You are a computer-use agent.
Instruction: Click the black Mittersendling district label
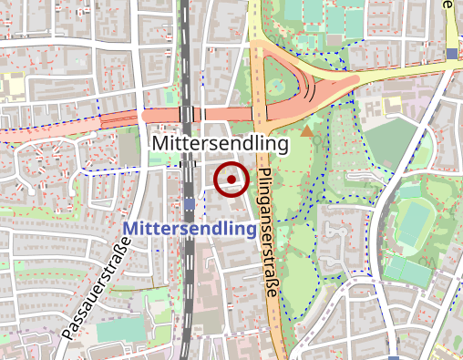point(221,144)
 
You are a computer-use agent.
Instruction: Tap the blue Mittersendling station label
point(189,228)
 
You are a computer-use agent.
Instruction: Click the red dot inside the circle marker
point(231,180)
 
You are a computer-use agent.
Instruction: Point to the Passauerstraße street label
point(94,285)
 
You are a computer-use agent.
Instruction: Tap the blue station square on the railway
point(189,202)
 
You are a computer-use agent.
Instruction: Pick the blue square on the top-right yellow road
point(452,53)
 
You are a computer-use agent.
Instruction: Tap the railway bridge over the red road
point(187,115)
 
